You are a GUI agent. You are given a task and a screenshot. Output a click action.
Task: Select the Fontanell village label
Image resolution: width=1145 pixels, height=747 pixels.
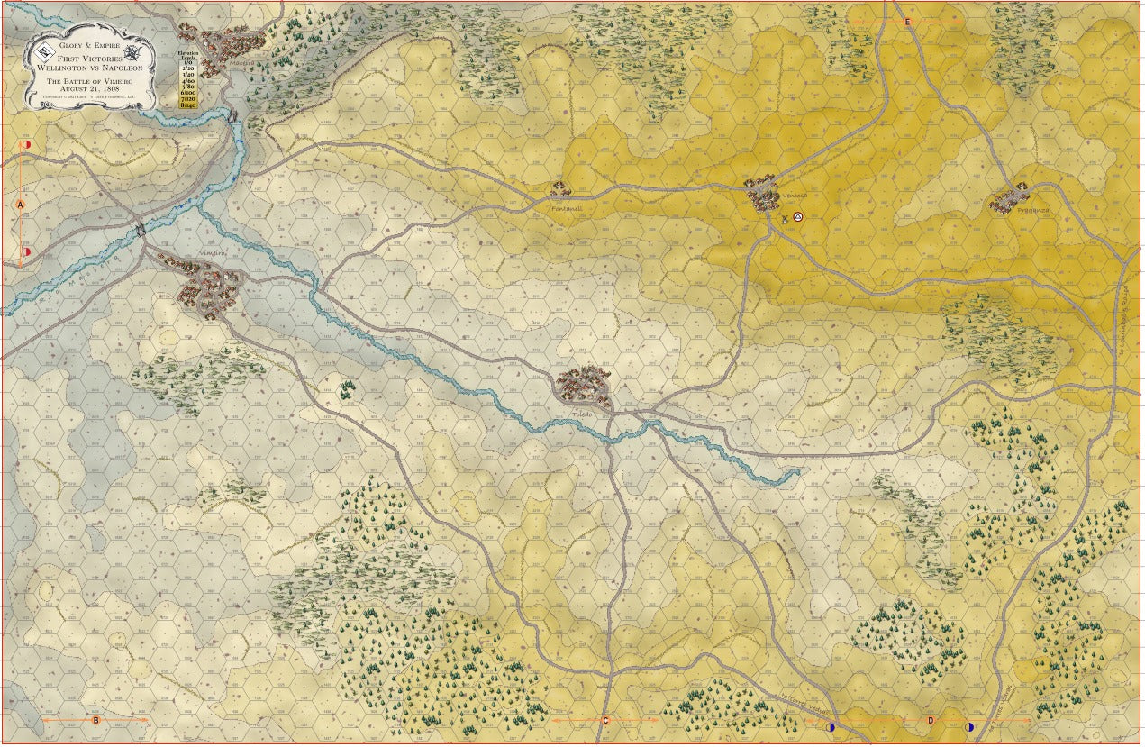567,208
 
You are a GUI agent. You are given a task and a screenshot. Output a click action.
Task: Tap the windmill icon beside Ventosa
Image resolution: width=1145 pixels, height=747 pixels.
785,217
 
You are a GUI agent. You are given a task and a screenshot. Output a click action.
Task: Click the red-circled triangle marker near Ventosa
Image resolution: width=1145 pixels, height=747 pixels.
797,217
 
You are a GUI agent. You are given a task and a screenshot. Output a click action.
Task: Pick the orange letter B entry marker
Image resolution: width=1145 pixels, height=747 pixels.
95,720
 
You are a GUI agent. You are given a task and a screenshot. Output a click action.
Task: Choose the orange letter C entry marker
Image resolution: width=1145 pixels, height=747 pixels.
605,720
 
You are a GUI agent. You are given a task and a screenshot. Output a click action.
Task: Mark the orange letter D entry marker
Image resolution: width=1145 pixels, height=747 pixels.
931,720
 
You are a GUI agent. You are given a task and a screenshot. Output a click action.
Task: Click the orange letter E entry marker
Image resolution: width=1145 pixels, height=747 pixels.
907,21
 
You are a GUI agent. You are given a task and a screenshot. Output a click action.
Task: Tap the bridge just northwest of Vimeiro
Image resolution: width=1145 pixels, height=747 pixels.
140,230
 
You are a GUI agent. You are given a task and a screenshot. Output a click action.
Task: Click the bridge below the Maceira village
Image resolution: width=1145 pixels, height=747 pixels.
233,115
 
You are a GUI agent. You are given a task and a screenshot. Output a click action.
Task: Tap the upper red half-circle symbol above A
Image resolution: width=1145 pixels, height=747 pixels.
26,143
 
